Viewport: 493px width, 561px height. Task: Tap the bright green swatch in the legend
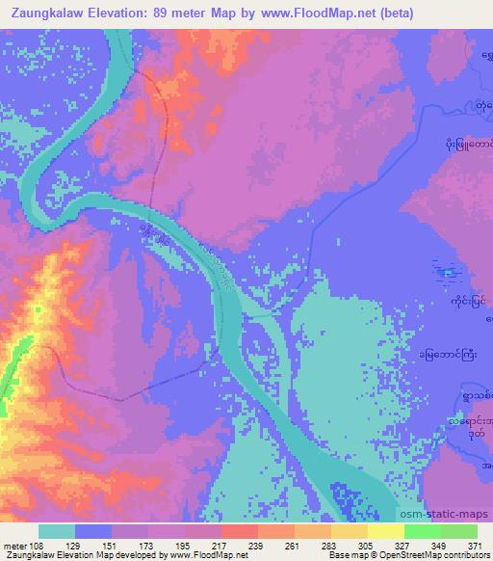coord(423,531)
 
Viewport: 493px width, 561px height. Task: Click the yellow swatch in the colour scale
coord(386,531)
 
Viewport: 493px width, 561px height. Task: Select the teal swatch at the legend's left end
coord(57,531)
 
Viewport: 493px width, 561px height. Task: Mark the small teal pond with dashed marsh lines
coord(446,272)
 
